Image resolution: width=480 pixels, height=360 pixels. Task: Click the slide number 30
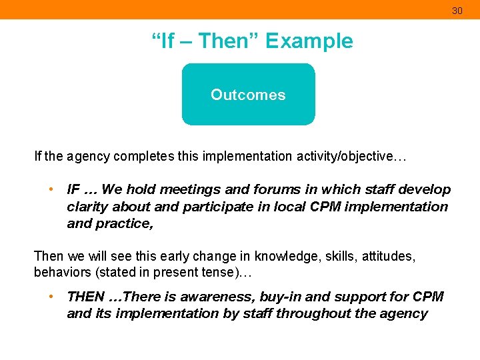click(457, 11)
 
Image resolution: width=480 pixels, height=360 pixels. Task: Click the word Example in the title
click(309, 41)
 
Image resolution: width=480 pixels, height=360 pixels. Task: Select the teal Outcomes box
click(248, 95)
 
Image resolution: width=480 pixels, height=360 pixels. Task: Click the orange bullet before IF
click(51, 189)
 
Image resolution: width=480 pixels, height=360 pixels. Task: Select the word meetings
click(182, 190)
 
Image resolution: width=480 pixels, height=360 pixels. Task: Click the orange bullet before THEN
click(51, 296)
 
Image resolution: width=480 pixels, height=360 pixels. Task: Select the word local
click(288, 207)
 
